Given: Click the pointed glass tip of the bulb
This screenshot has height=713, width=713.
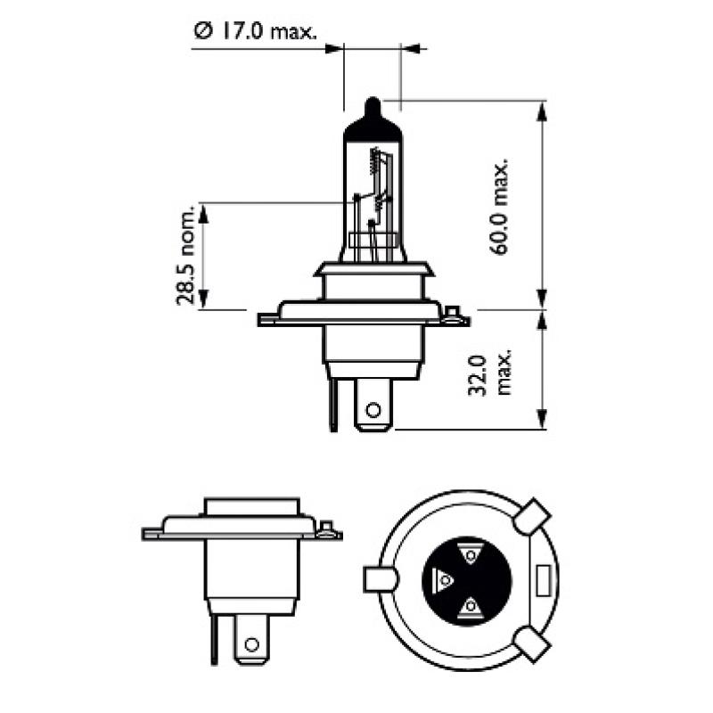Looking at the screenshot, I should click(x=373, y=104).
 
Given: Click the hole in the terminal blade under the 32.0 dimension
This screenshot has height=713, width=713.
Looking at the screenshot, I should click(x=373, y=410).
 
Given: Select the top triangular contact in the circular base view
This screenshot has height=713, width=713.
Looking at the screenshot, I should click(x=470, y=555).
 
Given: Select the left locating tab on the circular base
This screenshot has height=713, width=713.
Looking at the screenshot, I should click(x=380, y=579).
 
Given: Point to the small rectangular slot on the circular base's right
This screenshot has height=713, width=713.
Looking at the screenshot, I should click(x=542, y=579).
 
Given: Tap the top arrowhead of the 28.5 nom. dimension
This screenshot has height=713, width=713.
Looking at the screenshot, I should click(x=204, y=210).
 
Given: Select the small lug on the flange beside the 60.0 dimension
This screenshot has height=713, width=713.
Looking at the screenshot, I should click(x=455, y=314).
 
